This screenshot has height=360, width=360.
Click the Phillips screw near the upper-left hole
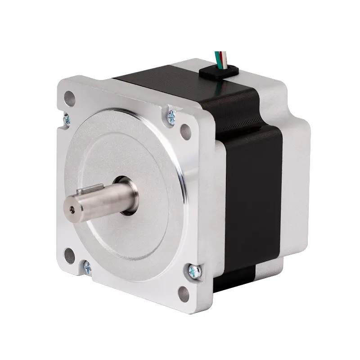67,119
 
